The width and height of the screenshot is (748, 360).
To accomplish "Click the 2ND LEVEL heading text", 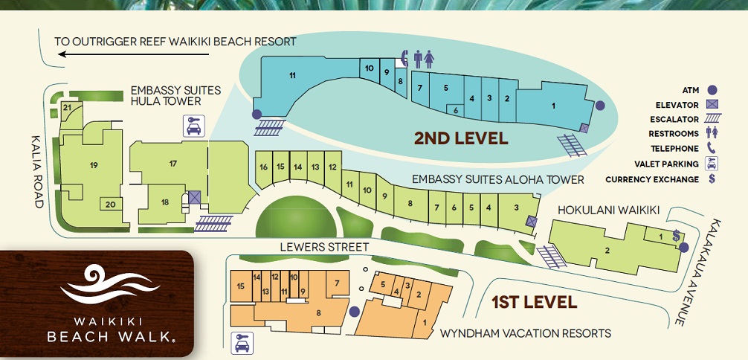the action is [x=460, y=138].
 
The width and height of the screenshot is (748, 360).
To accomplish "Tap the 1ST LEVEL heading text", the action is [x=535, y=302].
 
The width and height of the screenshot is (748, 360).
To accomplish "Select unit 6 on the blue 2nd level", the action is [x=456, y=110].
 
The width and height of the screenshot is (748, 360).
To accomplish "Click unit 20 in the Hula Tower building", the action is [x=110, y=205].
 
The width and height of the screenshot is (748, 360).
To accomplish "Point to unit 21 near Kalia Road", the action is [x=67, y=107].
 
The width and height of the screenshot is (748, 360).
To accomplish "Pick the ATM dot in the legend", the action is [x=712, y=90].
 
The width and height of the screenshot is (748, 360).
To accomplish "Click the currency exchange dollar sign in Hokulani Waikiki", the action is [x=676, y=235].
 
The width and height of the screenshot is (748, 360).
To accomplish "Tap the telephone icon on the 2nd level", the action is [x=404, y=59].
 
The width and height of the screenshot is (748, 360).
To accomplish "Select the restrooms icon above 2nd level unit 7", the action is [x=424, y=60].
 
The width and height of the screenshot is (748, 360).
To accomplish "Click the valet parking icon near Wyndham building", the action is [x=242, y=344].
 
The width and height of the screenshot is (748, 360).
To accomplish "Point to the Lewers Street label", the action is [x=324, y=247].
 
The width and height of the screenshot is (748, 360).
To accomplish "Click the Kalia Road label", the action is [x=38, y=172].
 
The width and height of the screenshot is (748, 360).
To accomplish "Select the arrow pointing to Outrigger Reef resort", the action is [x=134, y=54].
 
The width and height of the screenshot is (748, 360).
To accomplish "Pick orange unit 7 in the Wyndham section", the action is [x=337, y=283].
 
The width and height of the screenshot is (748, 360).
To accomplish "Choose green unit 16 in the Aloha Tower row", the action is [x=263, y=167].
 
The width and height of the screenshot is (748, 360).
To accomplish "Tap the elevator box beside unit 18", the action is [x=194, y=198].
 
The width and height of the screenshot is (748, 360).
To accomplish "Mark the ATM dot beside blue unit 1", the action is [x=599, y=106].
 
